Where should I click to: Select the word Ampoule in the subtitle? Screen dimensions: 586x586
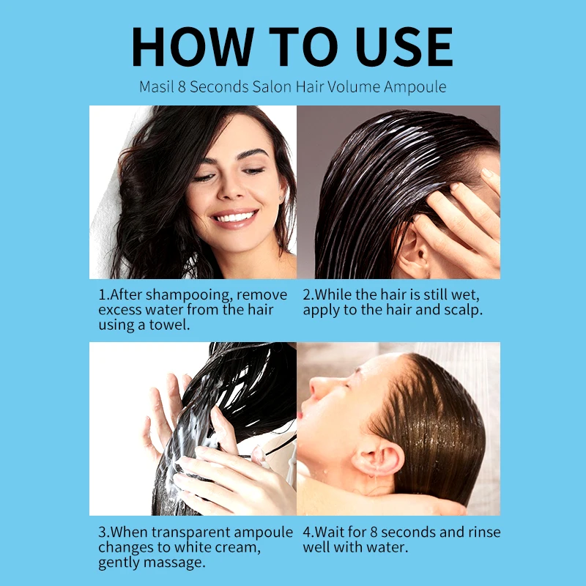click(x=415, y=86)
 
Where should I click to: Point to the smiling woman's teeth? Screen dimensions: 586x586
click(x=235, y=216)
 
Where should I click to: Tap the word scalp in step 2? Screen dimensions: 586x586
click(x=461, y=309)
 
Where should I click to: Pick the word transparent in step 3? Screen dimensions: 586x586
click(x=191, y=533)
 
